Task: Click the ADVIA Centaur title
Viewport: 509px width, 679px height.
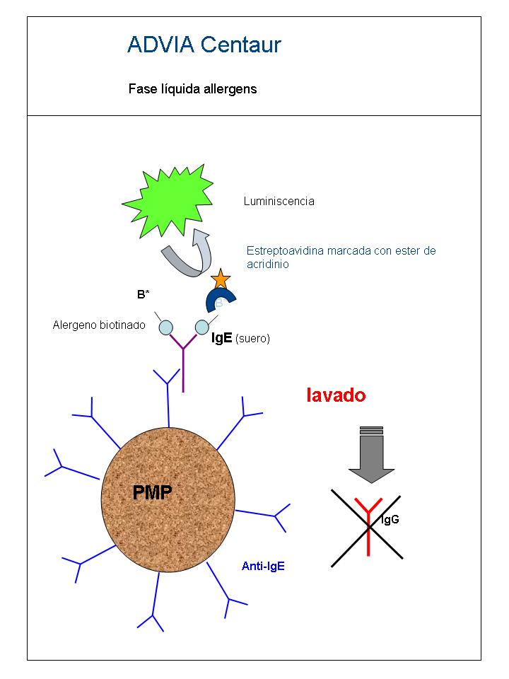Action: pos(204,45)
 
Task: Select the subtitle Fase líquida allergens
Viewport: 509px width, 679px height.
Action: pos(192,89)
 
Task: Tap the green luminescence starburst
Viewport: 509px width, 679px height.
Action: pos(168,201)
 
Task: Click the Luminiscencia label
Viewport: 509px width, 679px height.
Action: pos(279,201)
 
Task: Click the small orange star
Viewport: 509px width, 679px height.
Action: pos(221,279)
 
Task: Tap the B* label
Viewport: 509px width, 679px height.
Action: pos(144,294)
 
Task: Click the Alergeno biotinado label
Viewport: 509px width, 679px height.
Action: pos(99,325)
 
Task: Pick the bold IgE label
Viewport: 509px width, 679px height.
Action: pos(221,338)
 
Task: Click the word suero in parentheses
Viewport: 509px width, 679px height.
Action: pos(253,339)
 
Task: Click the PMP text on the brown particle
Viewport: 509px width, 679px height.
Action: pos(152,492)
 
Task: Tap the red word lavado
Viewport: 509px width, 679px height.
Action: pos(336,395)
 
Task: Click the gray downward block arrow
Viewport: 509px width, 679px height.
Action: pos(371,455)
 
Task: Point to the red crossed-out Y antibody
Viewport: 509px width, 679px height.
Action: pos(368,526)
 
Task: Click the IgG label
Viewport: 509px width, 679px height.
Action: pos(390,520)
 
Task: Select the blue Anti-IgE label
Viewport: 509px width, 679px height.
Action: pos(263,566)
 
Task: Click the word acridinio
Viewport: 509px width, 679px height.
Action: pos(267,264)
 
